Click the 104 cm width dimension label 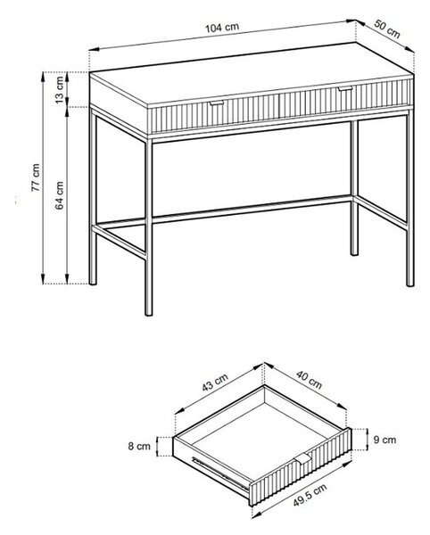(222, 28)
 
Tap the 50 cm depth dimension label (387, 29)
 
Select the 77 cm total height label (36, 177)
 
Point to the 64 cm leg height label (59, 195)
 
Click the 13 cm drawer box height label (59, 90)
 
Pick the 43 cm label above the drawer (215, 383)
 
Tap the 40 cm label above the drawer (309, 380)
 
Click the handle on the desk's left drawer (217, 103)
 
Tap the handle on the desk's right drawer (345, 88)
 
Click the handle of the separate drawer (303, 458)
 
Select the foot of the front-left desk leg (149, 312)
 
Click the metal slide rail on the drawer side (220, 473)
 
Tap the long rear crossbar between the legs (252, 210)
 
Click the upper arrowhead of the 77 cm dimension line (43, 77)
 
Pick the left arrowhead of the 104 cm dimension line (95, 49)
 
